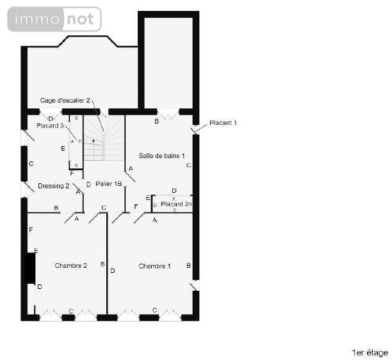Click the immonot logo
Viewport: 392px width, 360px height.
click(x=54, y=19)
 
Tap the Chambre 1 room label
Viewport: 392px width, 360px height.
click(x=154, y=266)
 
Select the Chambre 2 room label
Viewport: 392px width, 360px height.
click(x=70, y=266)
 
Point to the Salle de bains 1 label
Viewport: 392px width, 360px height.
click(x=162, y=156)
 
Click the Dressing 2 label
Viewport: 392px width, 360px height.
click(x=54, y=186)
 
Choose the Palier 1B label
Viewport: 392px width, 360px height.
click(x=108, y=184)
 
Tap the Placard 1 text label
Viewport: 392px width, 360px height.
click(x=223, y=122)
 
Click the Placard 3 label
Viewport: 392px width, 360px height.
click(x=50, y=126)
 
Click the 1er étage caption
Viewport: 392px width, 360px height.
click(x=370, y=352)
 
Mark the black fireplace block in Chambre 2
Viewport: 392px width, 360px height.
click(x=29, y=268)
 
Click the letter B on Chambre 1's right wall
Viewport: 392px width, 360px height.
click(x=188, y=265)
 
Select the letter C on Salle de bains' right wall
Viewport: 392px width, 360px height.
click(x=188, y=165)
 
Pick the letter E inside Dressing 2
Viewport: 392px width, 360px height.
click(x=62, y=149)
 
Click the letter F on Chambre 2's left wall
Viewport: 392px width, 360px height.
click(x=30, y=229)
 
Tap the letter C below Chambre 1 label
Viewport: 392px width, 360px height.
click(x=154, y=311)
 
